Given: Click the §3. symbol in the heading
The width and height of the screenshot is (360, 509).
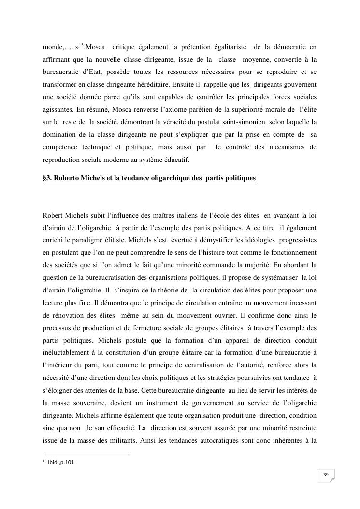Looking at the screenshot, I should [x=47, y=178].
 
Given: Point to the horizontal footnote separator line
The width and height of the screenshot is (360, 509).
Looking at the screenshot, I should [x=86, y=455].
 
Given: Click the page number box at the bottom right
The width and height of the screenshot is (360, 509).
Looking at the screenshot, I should [x=326, y=475].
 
